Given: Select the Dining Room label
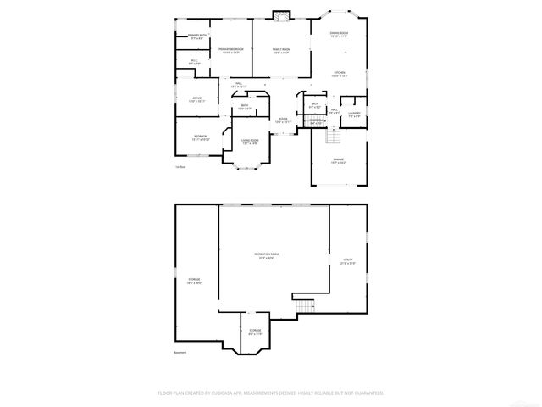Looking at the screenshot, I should click(339, 35).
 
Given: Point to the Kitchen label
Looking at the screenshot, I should click(339, 74).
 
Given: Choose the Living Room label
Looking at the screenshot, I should click(250, 142).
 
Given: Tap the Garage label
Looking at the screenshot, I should click(338, 160).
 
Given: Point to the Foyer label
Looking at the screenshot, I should click(284, 120).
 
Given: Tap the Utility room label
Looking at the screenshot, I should click(347, 261).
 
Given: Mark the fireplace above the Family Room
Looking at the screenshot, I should click(281, 14).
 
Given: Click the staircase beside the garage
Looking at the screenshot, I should click(332, 136).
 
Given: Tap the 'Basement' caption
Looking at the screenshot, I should click(180, 353).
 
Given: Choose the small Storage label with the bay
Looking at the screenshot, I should click(255, 332).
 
